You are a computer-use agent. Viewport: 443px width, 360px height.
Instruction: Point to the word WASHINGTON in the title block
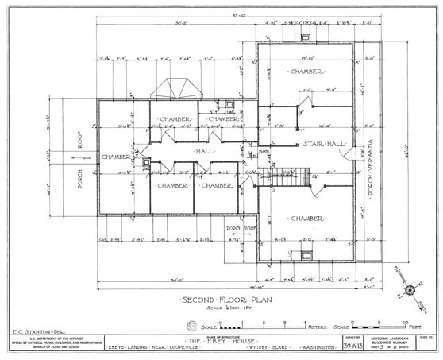click(321, 347)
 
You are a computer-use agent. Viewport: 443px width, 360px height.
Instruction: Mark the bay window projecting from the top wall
click(175, 88)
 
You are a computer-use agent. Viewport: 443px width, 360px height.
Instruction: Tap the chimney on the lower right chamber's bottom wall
click(306, 255)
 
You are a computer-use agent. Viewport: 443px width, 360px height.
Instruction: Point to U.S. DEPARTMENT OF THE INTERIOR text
click(49, 338)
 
